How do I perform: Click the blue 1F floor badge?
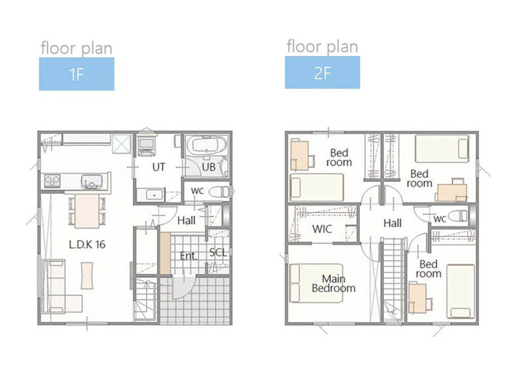[x=77, y=74]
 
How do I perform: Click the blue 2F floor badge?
[x=322, y=72]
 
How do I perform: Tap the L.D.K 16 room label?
[x=87, y=244]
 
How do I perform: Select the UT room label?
[x=158, y=167]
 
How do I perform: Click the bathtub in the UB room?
[x=206, y=145]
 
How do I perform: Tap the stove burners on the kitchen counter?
[x=52, y=181]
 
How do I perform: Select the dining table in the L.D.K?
[x=87, y=211]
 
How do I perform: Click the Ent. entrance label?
[x=188, y=256]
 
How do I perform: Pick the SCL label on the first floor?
[x=218, y=253]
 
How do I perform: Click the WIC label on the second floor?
[x=322, y=229]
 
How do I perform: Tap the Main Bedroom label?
[x=334, y=283]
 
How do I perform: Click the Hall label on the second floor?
[x=393, y=223]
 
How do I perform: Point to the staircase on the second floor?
[x=394, y=279]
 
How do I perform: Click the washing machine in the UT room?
[x=146, y=145]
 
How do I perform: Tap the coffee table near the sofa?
[x=87, y=275]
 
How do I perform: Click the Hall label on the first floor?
[x=186, y=220]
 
